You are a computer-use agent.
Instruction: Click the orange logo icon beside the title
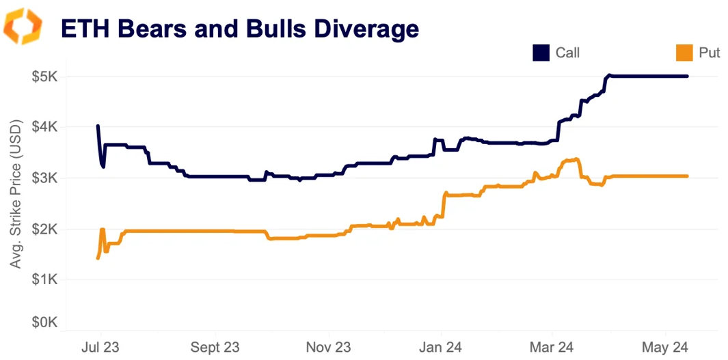pyautogui.click(x=23, y=27)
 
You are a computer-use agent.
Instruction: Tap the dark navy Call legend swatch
pyautogui.click(x=541, y=53)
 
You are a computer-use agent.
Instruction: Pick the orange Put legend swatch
pyautogui.click(x=684, y=53)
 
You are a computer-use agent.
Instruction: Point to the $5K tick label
pyautogui.click(x=44, y=77)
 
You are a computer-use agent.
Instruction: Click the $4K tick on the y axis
pyautogui.click(x=44, y=127)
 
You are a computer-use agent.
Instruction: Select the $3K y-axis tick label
pyautogui.click(x=44, y=178)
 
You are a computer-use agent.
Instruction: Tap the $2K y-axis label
pyautogui.click(x=44, y=229)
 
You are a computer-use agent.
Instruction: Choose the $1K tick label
pyautogui.click(x=44, y=279)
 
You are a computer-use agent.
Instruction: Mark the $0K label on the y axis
pyautogui.click(x=44, y=322)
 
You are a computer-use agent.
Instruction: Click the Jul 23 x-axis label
pyautogui.click(x=100, y=347)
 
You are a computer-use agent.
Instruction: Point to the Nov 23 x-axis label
pyautogui.click(x=329, y=347)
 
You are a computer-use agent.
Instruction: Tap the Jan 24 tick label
pyautogui.click(x=441, y=347)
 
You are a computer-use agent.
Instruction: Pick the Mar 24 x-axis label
pyautogui.click(x=552, y=347)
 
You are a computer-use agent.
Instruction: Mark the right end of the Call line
pyautogui.click(x=687, y=77)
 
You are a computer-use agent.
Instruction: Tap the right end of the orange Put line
pyautogui.click(x=687, y=176)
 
